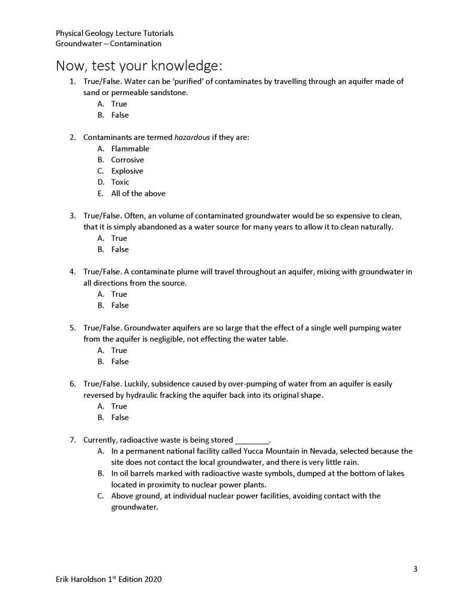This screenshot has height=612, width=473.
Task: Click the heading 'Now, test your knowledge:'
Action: pos(140,65)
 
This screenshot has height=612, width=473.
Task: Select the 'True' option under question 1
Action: pos(119,104)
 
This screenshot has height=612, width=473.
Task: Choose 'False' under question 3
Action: pos(120,249)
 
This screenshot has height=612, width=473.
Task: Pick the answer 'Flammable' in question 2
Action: pos(130,148)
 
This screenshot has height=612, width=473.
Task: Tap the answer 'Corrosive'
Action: pos(127,160)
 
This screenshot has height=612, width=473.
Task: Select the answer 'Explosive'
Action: pos(127,171)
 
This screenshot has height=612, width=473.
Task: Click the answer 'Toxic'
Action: pos(120,182)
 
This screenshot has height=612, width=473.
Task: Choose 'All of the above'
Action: pos(138,193)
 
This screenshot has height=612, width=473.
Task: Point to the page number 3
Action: pos(415,568)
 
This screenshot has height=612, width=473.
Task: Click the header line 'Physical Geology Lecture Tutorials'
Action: pos(115,34)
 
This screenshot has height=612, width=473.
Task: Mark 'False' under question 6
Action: pos(120,418)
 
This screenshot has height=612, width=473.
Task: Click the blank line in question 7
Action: pos(253,440)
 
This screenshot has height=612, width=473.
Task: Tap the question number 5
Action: pos(72,328)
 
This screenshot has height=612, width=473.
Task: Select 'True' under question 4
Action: pos(119,294)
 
